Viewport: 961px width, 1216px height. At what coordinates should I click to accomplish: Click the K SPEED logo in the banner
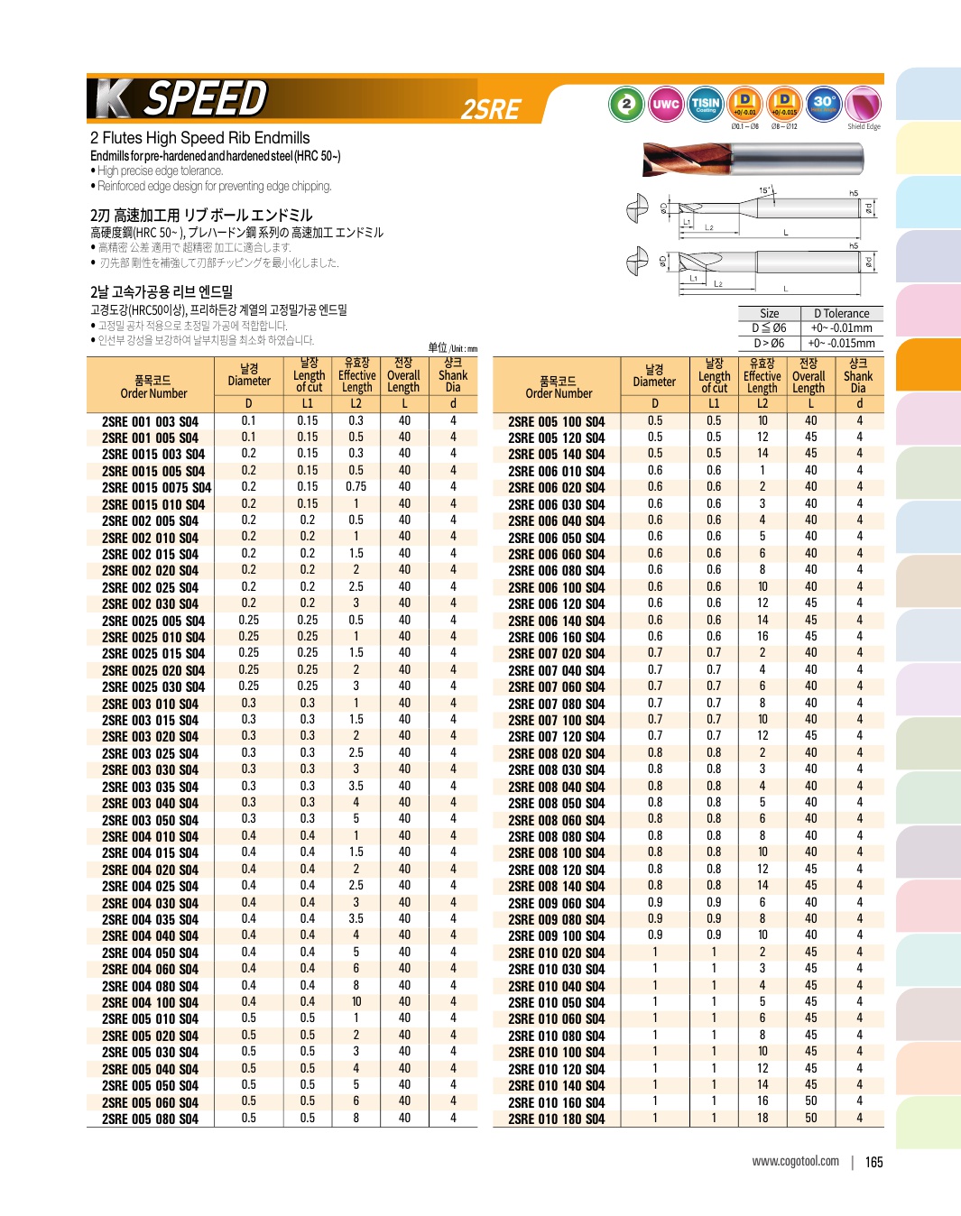[180, 98]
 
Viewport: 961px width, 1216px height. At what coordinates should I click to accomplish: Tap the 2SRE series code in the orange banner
[491, 109]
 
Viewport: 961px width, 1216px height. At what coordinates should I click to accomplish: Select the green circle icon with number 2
[625, 104]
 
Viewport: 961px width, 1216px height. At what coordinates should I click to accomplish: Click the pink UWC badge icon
[665, 104]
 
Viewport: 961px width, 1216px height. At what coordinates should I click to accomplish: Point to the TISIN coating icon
[705, 104]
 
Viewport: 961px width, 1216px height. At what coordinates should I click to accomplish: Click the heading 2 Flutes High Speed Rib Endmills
[199, 138]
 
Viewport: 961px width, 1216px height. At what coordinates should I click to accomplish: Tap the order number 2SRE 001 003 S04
[150, 421]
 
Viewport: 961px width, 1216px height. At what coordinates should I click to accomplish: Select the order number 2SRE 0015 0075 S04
[156, 488]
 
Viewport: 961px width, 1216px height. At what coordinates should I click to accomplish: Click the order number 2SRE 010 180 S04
[556, 1119]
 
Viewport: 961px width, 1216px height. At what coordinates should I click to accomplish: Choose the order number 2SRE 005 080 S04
[150, 1119]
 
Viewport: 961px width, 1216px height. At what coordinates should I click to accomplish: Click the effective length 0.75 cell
[356, 487]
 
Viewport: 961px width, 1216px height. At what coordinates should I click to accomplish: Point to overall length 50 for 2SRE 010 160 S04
[811, 1101]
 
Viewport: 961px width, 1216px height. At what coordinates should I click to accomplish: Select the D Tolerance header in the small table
[841, 313]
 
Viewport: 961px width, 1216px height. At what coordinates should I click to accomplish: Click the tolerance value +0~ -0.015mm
[841, 344]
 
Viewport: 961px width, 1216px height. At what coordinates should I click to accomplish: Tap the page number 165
[873, 1162]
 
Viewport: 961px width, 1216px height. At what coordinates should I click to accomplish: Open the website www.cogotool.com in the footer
[795, 1161]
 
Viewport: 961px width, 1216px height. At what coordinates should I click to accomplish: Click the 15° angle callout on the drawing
[764, 191]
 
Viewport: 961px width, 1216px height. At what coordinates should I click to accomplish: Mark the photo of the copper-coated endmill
[753, 161]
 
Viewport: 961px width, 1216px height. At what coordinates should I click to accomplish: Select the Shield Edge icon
[863, 105]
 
